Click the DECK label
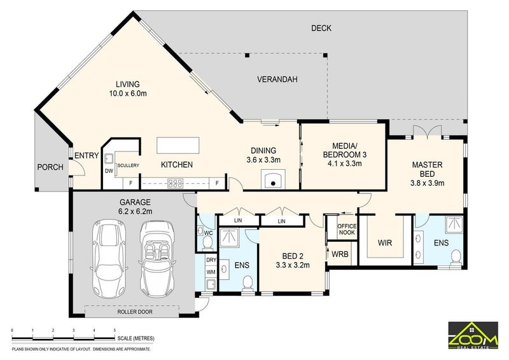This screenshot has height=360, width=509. (321, 28)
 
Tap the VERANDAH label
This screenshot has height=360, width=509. (277, 80)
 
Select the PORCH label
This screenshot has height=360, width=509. (50, 167)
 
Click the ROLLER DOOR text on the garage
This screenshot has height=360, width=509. (135, 312)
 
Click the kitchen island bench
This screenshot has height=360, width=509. (178, 146)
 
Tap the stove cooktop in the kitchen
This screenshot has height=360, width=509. (176, 184)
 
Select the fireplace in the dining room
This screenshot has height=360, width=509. (274, 179)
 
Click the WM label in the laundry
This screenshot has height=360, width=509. (211, 272)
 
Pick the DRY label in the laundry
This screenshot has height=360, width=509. (211, 260)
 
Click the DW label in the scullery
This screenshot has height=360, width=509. (109, 171)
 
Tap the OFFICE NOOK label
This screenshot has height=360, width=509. (347, 229)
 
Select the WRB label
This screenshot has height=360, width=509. (340, 254)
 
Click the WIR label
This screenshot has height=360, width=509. (385, 242)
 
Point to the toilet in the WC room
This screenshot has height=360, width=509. (207, 242)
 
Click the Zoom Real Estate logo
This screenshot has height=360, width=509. (473, 335)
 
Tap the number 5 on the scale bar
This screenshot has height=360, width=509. (115, 330)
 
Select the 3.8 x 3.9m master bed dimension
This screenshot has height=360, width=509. (427, 183)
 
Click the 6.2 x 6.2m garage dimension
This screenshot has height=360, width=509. (136, 212)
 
